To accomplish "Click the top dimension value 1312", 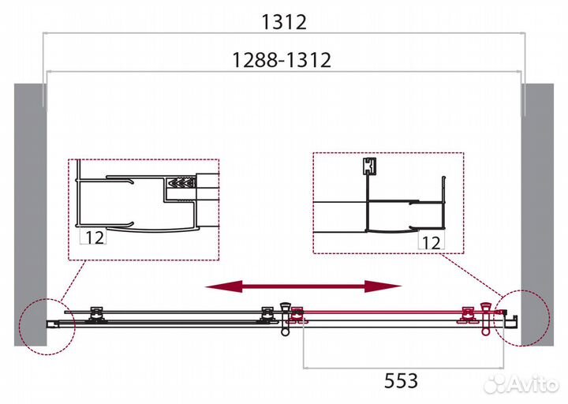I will click(x=283, y=23).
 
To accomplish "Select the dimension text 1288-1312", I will click(x=282, y=59).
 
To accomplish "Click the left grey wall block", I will click(x=27, y=213).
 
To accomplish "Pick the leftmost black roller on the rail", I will click(x=97, y=313).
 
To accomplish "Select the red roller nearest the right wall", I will click(x=471, y=314).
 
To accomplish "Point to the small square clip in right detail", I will click(x=368, y=167).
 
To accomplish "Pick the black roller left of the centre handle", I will click(x=265, y=313).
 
